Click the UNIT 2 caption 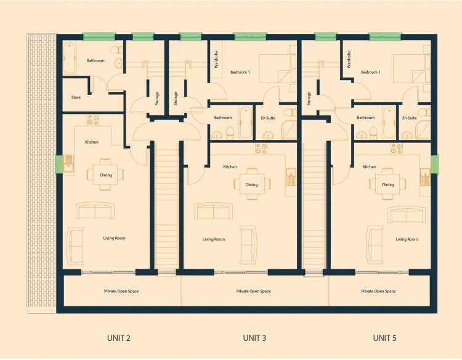pos(119,338)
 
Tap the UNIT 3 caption pos(254,338)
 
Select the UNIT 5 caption pos(384,338)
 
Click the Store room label pos(76,97)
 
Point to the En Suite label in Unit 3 pos(268,118)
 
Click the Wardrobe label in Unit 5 pos(349,59)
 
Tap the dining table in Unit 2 pos(105,175)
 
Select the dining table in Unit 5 pos(387,184)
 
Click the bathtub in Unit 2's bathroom pos(70,58)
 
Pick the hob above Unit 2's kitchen pos(93,120)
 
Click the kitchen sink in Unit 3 pos(291,176)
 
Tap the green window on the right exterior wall pos(434,164)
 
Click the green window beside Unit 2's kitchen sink pos(59,164)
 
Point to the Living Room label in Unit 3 pos(214,239)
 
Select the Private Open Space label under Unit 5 pos(378,292)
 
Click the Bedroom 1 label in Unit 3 pos(240,72)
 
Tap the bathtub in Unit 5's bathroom pos(389,123)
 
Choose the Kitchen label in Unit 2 pos(92,142)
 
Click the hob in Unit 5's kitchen pos(396,149)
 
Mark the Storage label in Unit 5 pos(309,99)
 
